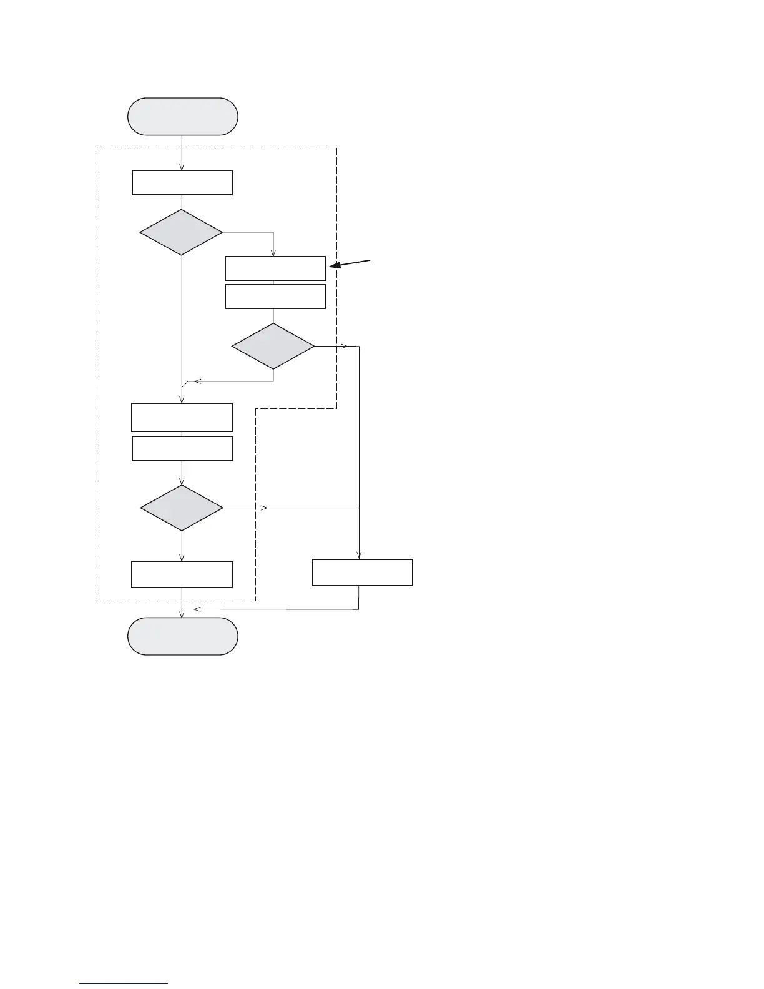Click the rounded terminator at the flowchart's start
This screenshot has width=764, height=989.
click(182, 116)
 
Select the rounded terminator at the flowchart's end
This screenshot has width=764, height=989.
click(182, 636)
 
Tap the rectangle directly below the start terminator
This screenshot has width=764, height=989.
click(182, 182)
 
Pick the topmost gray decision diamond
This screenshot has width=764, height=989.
click(181, 232)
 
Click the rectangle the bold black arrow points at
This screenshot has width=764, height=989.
click(275, 268)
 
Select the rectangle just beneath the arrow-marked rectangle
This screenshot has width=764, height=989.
click(275, 297)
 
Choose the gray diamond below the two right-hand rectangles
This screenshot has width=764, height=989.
click(273, 346)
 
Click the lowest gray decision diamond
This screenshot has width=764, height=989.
click(182, 508)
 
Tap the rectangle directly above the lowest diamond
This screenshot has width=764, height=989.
click(182, 449)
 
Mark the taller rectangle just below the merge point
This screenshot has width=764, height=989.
click(182, 417)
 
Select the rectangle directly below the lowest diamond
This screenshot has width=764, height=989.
click(182, 574)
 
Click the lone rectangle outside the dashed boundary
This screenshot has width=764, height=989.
click(362, 572)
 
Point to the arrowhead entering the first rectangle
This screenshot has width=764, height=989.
click(182, 167)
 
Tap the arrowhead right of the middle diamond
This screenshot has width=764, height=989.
click(344, 346)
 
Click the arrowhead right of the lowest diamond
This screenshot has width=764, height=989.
click(264, 508)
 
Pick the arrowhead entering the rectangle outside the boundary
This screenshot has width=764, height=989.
click(359, 554)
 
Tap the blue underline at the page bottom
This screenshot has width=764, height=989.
click(124, 983)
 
